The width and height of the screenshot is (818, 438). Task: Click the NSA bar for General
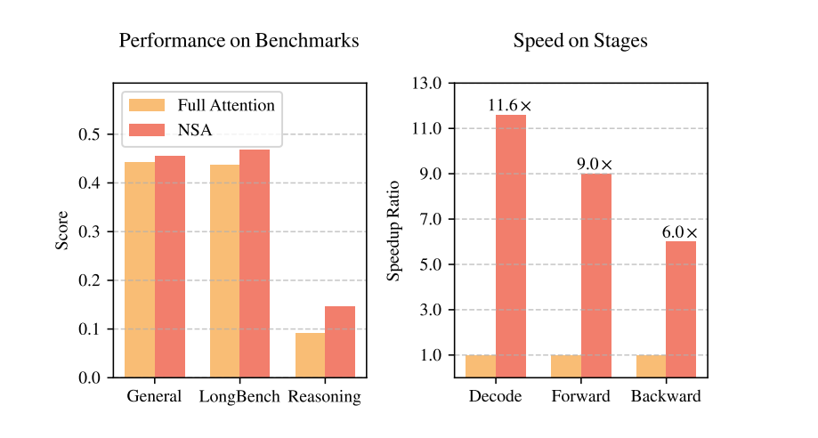click(x=170, y=266)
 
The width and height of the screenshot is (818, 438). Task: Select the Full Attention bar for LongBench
click(x=225, y=271)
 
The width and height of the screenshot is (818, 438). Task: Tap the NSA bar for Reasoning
click(x=340, y=342)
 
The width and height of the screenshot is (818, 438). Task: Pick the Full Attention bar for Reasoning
click(x=311, y=355)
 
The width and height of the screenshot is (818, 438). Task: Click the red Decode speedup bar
click(x=511, y=246)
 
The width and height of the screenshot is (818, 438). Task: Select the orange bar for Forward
click(x=566, y=366)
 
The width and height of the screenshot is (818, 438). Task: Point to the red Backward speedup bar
click(x=681, y=309)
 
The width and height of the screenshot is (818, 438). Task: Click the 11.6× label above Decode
click(x=510, y=105)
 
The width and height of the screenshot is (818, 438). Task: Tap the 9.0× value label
click(x=595, y=164)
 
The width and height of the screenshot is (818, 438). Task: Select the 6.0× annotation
click(x=680, y=232)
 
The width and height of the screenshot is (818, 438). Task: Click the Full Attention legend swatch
click(x=147, y=105)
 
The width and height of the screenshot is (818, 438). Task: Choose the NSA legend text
click(x=195, y=129)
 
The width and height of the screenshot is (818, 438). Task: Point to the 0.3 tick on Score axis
click(x=88, y=231)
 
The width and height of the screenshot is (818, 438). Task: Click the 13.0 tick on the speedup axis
click(x=426, y=83)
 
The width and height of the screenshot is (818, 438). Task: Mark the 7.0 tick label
click(x=431, y=219)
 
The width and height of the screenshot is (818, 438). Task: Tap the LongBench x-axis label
click(x=239, y=396)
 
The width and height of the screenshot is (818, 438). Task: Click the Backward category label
click(x=666, y=396)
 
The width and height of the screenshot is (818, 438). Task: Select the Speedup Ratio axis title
click(x=393, y=231)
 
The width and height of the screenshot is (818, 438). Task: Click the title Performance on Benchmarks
click(x=239, y=41)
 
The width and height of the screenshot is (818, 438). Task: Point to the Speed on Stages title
click(x=580, y=41)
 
